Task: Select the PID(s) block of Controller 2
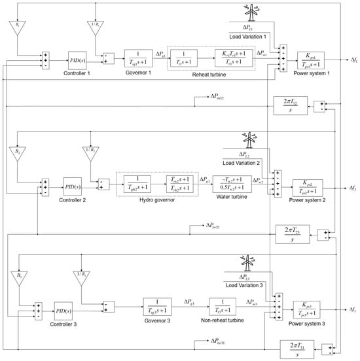73,186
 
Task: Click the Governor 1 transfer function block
137,58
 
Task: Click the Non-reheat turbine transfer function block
223,307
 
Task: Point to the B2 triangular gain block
18,155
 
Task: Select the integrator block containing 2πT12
289,105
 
